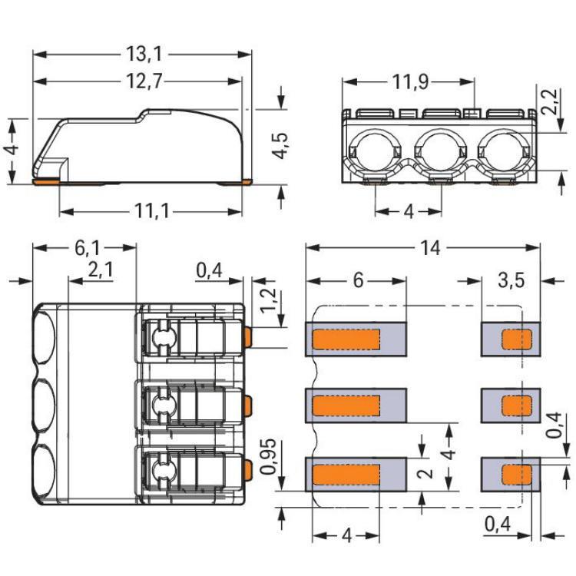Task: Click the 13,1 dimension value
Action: (x=144, y=54)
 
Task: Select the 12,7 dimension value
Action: (x=144, y=81)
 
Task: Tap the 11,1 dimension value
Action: (x=152, y=211)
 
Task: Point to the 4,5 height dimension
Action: (x=280, y=146)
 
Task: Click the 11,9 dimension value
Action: (x=410, y=81)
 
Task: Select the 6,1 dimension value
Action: (x=87, y=247)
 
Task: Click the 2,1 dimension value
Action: (x=101, y=270)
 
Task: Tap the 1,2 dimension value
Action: (x=268, y=300)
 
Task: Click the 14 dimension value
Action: (x=430, y=248)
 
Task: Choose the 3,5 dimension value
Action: (x=511, y=280)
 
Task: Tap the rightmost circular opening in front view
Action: (x=505, y=151)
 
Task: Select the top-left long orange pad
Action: (x=346, y=339)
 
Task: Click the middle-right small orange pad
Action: (x=517, y=406)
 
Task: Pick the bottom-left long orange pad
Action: (x=346, y=475)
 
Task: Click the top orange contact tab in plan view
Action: (x=248, y=338)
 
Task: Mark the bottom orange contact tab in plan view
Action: (x=248, y=470)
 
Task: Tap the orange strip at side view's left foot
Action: (x=46, y=181)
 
